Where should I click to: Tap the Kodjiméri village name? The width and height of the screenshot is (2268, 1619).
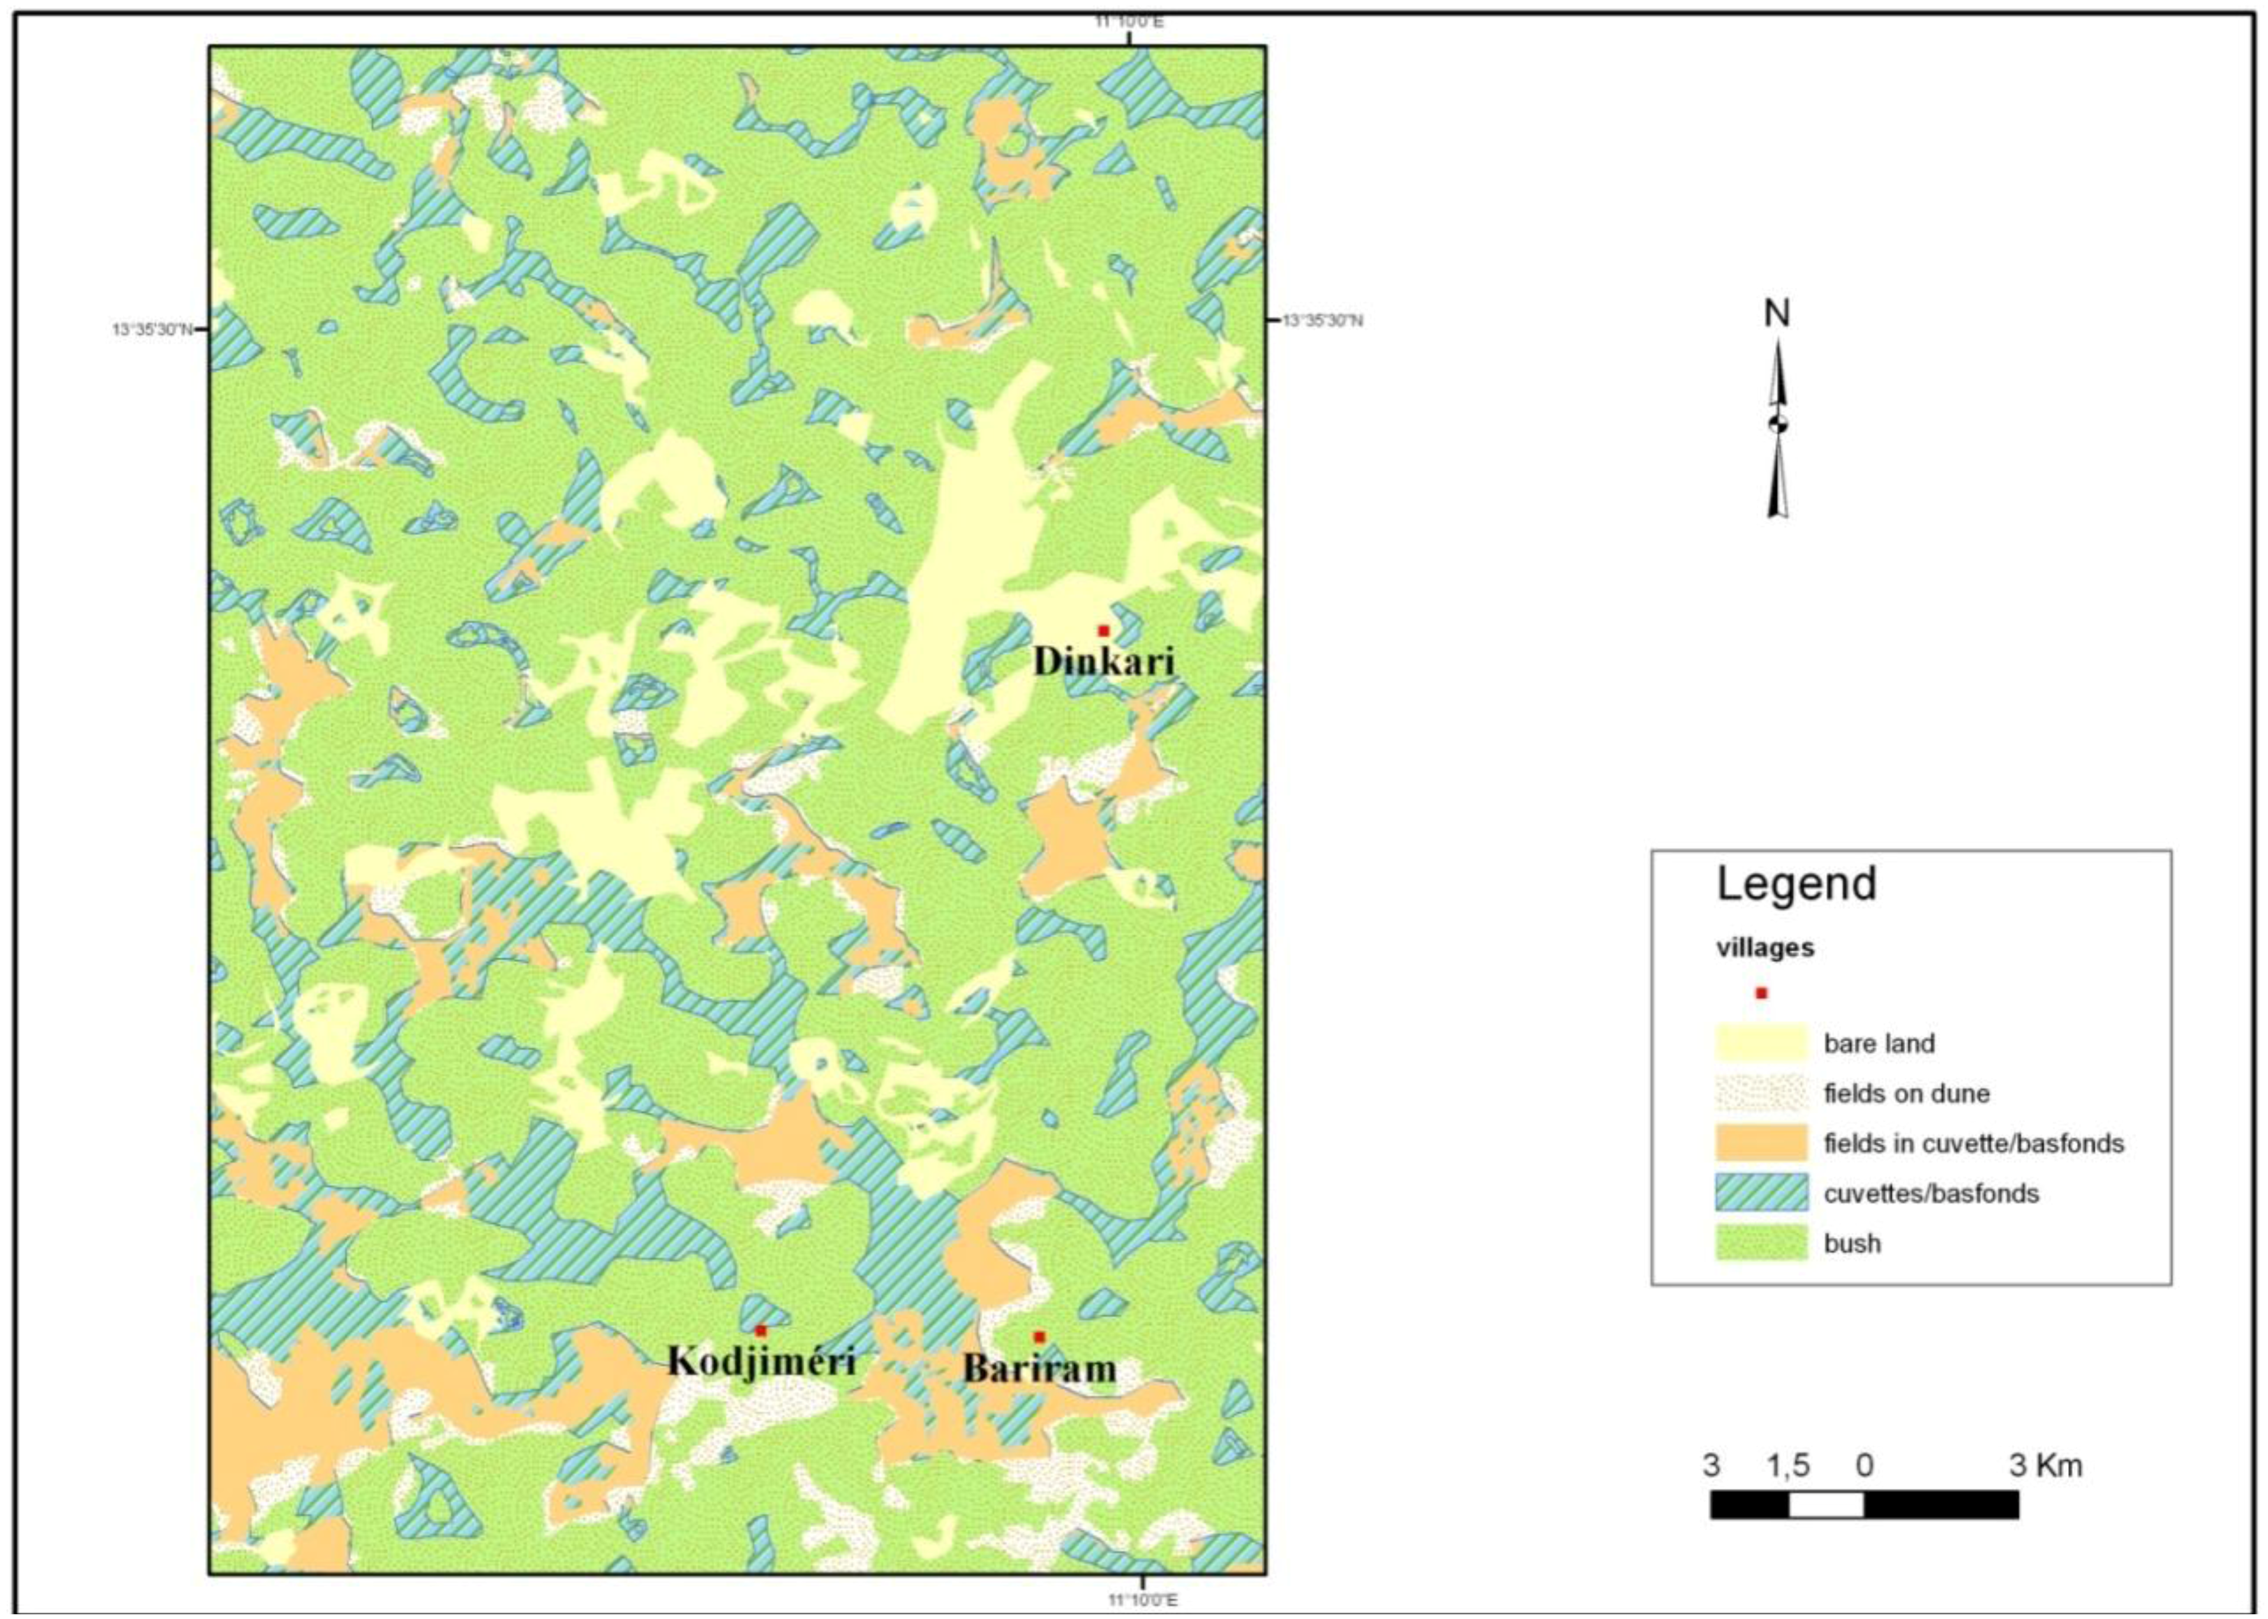[x=761, y=1361]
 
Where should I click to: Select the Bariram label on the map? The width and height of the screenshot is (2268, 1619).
[x=1039, y=1368]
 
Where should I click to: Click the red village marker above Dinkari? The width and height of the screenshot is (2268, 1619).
[x=1104, y=630]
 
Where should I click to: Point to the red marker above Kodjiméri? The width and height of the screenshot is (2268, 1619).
[x=761, y=1331]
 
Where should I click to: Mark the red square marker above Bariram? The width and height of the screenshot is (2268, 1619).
[x=1039, y=1337]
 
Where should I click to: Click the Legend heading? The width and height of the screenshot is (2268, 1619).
[x=1796, y=884]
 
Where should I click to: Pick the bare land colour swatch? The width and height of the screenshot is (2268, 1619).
[x=1761, y=1043]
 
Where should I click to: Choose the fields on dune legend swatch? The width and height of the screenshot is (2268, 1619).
[x=1761, y=1092]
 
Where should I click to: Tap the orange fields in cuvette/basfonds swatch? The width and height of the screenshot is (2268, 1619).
[x=1761, y=1143]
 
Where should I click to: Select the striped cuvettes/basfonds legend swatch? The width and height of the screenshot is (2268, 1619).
[x=1761, y=1192]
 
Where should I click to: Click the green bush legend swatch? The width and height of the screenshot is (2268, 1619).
[x=1761, y=1242]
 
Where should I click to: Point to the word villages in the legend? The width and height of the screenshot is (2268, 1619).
[x=1764, y=948]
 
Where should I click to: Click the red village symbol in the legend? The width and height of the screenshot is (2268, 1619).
[x=1761, y=993]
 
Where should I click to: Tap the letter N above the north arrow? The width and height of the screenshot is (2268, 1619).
[x=1777, y=314]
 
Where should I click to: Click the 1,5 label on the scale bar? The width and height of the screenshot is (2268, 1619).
[x=1787, y=1466]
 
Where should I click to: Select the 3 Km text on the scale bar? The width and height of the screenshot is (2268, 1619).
[x=2045, y=1466]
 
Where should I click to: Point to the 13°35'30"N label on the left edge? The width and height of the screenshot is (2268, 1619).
[x=153, y=329]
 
